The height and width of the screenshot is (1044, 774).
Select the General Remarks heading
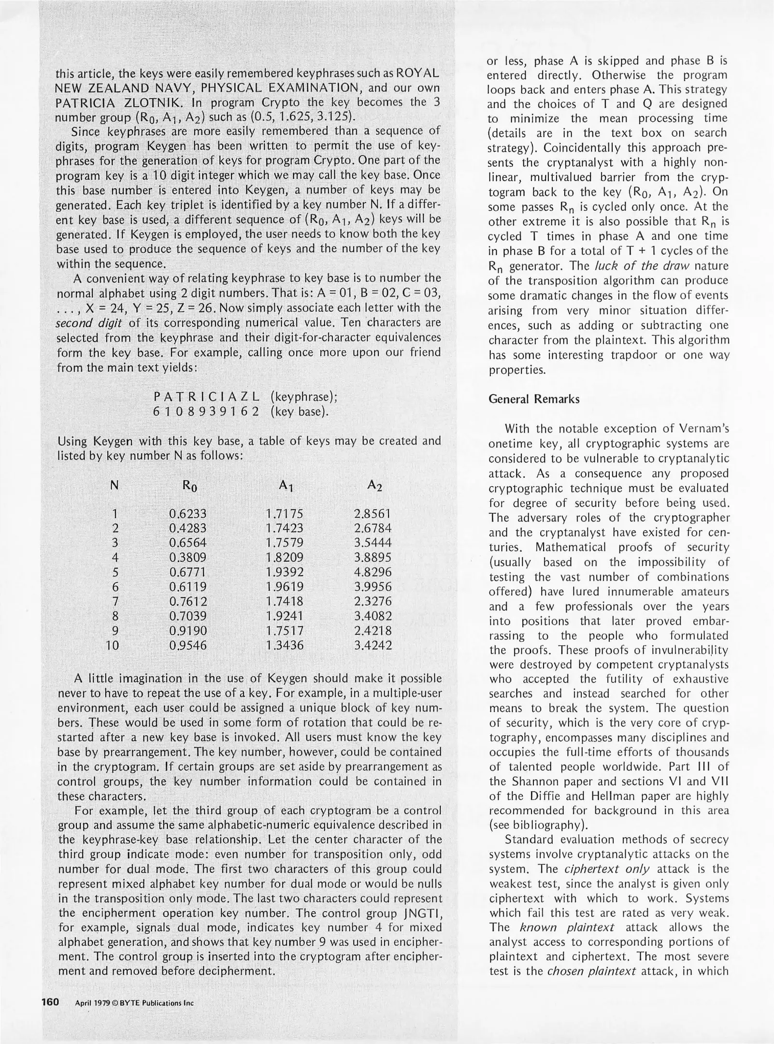click(x=534, y=399)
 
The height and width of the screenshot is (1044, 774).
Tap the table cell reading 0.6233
click(x=188, y=513)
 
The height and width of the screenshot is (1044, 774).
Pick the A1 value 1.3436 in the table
click(x=285, y=645)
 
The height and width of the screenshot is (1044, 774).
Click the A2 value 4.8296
click(x=373, y=572)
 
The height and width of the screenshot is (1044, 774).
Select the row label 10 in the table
click(x=112, y=645)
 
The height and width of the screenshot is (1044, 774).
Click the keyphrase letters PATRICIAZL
click(x=207, y=397)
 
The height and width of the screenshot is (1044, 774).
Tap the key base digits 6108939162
click(x=207, y=412)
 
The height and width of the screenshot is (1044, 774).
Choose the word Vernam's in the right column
click(x=699, y=429)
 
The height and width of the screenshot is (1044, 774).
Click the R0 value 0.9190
click(x=188, y=631)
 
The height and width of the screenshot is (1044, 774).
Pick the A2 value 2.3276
click(x=373, y=601)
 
